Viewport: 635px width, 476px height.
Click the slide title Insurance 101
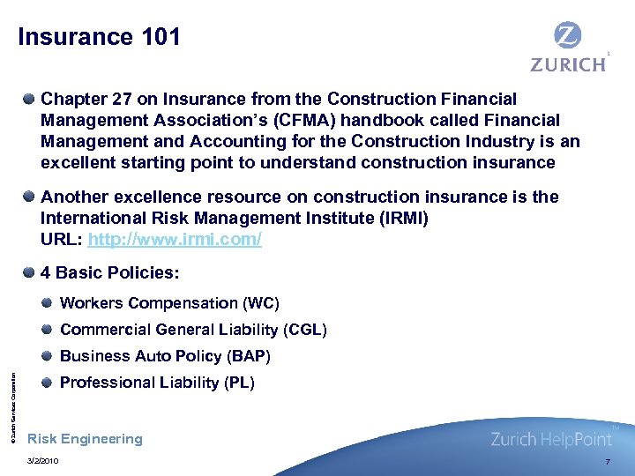99,37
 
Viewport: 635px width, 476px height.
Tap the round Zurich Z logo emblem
567,36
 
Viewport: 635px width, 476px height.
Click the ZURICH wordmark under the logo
568,64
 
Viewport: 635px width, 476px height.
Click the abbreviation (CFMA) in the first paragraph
325,120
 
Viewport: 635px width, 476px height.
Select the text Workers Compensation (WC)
169,303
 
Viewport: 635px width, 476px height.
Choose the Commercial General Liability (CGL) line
193,330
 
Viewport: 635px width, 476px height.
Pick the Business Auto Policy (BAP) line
165,356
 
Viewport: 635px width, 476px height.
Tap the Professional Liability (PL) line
157,383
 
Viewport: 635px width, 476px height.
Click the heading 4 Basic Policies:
110,272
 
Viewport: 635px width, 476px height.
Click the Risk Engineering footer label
85,439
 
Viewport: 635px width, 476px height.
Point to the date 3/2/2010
43,462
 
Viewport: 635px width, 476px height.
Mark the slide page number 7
607,462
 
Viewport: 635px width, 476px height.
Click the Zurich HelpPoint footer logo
552,439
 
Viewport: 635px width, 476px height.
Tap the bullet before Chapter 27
31,100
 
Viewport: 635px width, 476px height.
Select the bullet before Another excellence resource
31,197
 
